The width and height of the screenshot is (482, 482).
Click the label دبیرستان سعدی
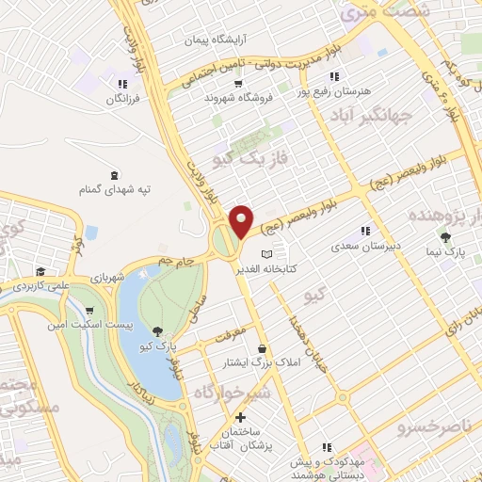coord(355,246)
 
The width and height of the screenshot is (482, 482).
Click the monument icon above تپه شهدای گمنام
coord(115,175)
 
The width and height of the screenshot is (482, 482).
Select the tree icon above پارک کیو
coord(157,329)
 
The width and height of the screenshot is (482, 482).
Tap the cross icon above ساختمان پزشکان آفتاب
coord(240,416)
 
